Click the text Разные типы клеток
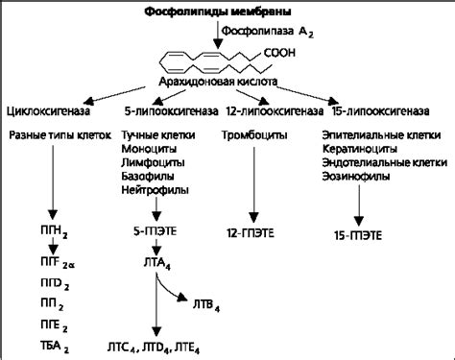coord(54,136)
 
